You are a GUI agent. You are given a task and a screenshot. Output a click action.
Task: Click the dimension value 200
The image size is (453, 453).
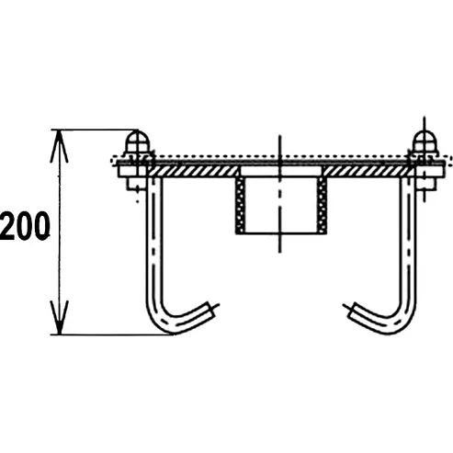coord(25,227)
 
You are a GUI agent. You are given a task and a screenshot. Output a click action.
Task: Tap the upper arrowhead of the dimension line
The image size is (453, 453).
coord(60,145)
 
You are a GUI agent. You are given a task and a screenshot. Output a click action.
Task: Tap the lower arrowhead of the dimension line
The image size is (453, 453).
coord(60,318)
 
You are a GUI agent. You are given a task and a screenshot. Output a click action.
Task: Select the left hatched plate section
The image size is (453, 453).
coord(192,172)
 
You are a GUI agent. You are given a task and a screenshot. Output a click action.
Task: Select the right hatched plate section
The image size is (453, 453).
coord(368,172)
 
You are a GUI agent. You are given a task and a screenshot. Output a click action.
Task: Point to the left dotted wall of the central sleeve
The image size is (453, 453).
coord(241,205)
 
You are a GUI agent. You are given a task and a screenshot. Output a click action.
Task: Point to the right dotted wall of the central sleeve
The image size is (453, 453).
coord(322,205)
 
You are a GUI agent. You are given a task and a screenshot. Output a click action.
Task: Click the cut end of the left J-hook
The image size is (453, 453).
coord(212,310)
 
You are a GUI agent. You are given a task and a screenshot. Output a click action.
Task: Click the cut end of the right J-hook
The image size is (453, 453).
coord(350,310)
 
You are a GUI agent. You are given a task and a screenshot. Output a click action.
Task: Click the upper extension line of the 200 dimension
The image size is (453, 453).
coord(95,130)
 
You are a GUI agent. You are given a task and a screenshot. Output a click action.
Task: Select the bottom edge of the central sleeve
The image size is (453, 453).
coord(281,233)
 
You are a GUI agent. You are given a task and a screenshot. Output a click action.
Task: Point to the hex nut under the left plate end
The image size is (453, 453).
coord(136,183)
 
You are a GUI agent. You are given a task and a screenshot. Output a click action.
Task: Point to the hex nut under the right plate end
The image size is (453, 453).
coord(426,183)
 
